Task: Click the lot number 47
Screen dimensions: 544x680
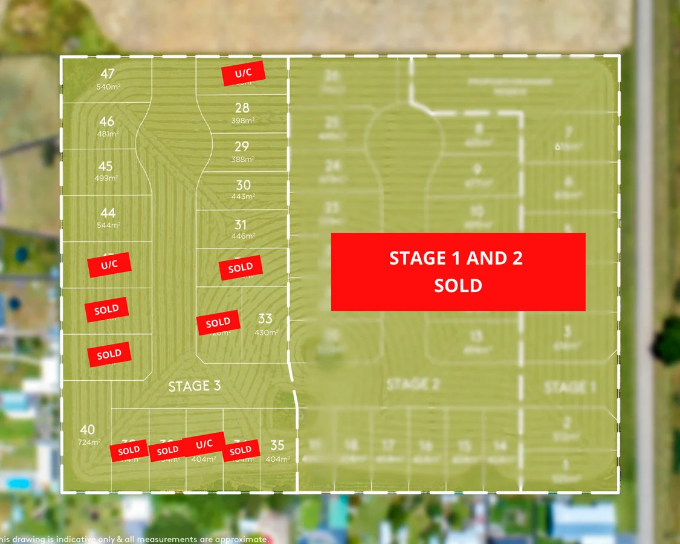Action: [108, 74]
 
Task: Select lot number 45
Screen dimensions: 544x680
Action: [106, 166]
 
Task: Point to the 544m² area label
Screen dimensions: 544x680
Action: [109, 225]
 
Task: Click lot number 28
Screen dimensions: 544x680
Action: [242, 108]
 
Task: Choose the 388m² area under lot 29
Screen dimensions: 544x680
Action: [242, 159]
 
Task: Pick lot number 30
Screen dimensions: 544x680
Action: [243, 186]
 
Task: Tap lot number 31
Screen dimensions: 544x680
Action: [241, 225]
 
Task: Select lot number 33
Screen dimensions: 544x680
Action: [265, 319]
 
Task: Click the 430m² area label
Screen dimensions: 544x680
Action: [266, 332]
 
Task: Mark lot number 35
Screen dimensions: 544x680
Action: [277, 445]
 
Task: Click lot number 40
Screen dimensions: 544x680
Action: [87, 430]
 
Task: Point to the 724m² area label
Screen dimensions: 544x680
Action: [88, 442]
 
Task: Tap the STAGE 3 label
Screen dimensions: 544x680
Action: [194, 386]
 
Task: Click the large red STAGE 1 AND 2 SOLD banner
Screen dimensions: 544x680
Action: [458, 271]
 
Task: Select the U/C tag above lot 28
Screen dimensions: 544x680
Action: [243, 73]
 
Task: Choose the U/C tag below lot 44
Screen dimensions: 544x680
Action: [109, 265]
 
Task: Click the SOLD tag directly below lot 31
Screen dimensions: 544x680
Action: [241, 268]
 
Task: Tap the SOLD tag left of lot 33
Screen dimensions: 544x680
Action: [218, 323]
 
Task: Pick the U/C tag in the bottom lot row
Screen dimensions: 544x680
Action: [204, 444]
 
